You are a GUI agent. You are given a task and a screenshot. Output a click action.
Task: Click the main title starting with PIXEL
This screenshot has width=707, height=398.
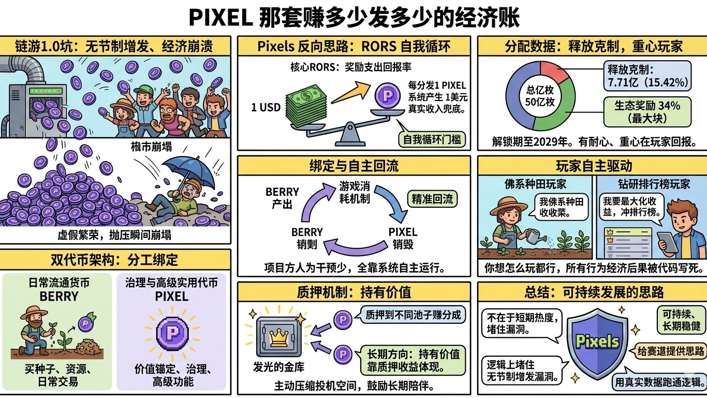tap(353, 18)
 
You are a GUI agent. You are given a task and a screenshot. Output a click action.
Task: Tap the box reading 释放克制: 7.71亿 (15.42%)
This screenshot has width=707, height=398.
tap(647, 76)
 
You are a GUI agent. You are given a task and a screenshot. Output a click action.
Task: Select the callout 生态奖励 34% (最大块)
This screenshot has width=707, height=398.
tap(647, 112)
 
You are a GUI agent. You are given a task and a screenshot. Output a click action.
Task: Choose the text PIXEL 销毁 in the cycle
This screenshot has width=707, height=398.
tap(403, 238)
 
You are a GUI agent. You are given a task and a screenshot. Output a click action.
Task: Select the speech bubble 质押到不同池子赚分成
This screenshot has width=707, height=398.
tap(413, 315)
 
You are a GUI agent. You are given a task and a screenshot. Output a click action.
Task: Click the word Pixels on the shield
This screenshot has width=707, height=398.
tap(598, 341)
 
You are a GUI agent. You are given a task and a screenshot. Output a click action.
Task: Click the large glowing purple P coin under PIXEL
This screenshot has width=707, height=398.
tap(171, 332)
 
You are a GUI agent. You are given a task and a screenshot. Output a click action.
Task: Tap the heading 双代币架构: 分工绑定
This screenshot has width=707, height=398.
tap(115, 259)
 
